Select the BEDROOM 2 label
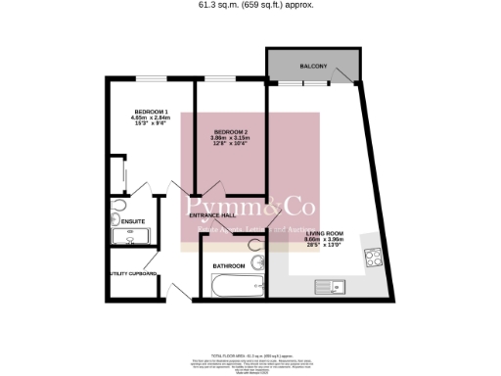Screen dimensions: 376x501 (x=231, y=132)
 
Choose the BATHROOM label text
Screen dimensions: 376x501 (x=230, y=264)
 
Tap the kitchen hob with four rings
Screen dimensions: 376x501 (x=373, y=258)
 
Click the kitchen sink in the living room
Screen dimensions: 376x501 (x=329, y=285)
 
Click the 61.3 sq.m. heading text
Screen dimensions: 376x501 (x=250, y=6)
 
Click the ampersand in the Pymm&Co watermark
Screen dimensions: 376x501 (x=263, y=209)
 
